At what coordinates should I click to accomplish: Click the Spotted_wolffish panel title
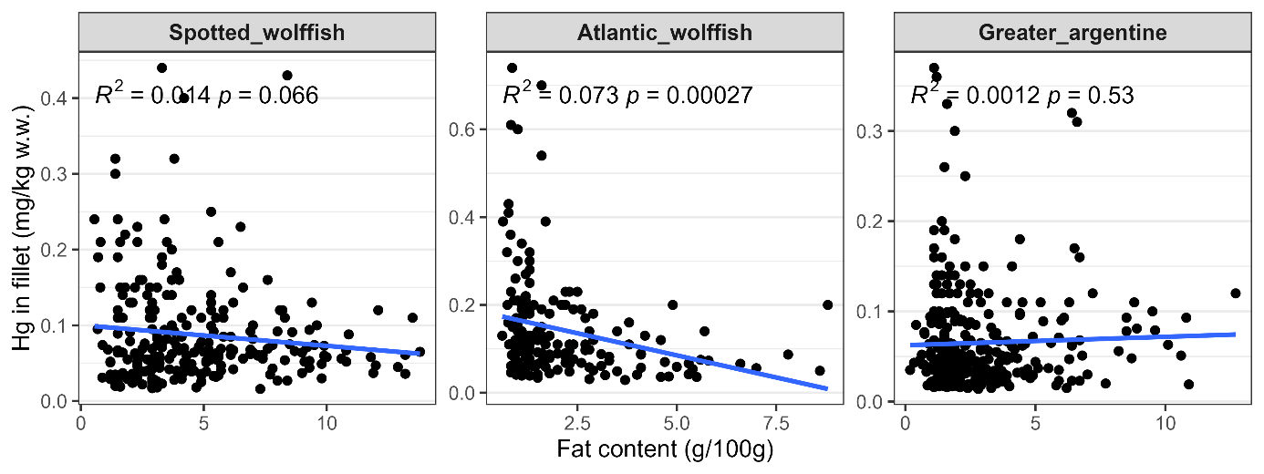256,34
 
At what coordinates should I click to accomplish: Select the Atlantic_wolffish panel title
665,34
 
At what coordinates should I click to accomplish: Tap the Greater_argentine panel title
1072,34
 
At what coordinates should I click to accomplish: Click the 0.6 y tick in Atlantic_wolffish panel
465,129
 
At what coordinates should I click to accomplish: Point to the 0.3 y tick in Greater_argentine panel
874,131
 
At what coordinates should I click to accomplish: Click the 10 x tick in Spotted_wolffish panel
326,425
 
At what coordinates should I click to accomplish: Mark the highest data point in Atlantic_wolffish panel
512,67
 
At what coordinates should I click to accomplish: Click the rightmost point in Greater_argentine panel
1236,294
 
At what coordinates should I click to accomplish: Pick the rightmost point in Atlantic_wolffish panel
828,304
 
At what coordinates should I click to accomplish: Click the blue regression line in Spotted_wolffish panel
255,338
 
